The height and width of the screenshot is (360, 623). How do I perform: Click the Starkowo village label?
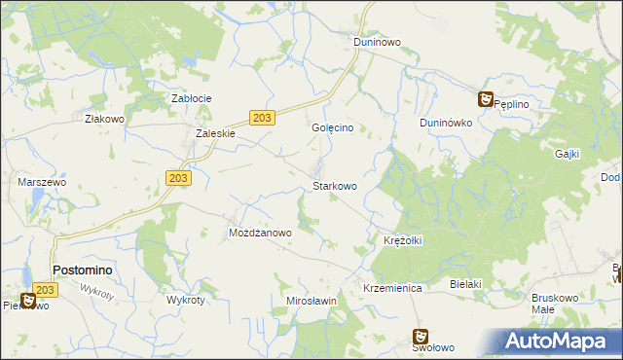(x=334, y=185)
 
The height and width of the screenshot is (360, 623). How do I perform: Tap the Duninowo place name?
(x=378, y=43)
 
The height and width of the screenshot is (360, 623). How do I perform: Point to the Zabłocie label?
(x=192, y=98)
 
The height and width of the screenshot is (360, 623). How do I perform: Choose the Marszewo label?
(x=41, y=182)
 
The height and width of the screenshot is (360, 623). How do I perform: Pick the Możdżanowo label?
(x=260, y=234)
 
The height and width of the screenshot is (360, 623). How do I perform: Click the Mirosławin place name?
(x=311, y=301)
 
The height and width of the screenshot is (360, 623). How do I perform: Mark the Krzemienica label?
(x=391, y=289)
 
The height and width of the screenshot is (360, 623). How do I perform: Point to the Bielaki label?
(x=466, y=283)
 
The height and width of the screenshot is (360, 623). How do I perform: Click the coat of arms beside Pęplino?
(x=485, y=98)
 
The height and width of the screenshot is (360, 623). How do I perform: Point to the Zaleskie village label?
(x=215, y=134)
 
